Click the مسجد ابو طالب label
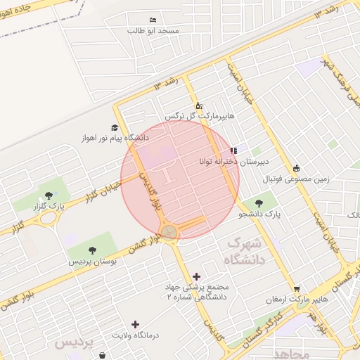(153, 31)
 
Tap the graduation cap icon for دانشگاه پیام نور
(114, 127)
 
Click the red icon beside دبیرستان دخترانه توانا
(233, 150)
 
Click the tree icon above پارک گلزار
(48, 196)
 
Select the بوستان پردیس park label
(92, 261)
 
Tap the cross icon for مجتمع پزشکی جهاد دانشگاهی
(195, 276)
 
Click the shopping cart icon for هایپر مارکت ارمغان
(297, 288)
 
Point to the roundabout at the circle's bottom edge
(169, 232)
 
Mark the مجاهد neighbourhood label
(292, 352)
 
